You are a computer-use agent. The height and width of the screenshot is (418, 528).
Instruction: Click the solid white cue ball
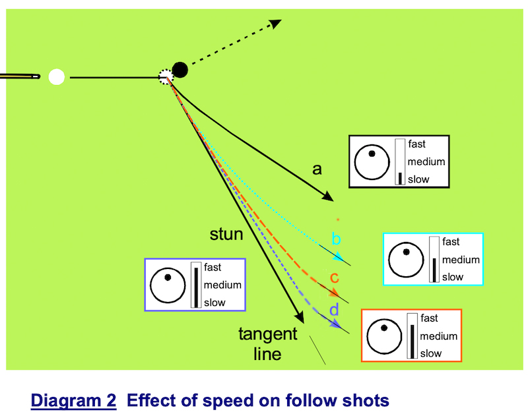pyautogui.click(x=57, y=77)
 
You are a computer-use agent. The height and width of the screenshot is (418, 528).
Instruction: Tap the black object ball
pyautogui.click(x=180, y=69)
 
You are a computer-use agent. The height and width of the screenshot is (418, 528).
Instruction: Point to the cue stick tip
pyautogui.click(x=37, y=77)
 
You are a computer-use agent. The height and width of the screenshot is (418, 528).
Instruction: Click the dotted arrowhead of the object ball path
pyautogui.click(x=276, y=24)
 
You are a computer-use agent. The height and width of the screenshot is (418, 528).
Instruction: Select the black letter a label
pyautogui.click(x=317, y=169)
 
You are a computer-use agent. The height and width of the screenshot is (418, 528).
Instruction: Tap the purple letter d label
pyautogui.click(x=334, y=309)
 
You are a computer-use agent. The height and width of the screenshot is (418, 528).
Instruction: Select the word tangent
pyautogui.click(x=268, y=335)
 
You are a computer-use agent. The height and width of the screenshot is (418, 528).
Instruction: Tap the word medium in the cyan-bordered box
pyautogui.click(x=461, y=260)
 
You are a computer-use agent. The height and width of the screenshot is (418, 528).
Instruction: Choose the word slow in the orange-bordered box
pyautogui.click(x=431, y=353)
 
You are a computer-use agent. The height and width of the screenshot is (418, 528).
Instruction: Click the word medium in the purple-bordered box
pyautogui.click(x=222, y=285)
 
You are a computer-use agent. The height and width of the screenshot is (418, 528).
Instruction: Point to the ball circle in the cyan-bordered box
pyautogui.click(x=405, y=259)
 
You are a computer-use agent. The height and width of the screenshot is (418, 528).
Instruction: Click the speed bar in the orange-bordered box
pyautogui.click(x=412, y=336)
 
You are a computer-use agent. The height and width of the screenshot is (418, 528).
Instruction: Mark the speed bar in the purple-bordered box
pyautogui.click(x=195, y=285)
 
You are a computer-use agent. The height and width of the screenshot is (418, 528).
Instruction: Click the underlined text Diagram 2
pyautogui.click(x=73, y=400)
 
